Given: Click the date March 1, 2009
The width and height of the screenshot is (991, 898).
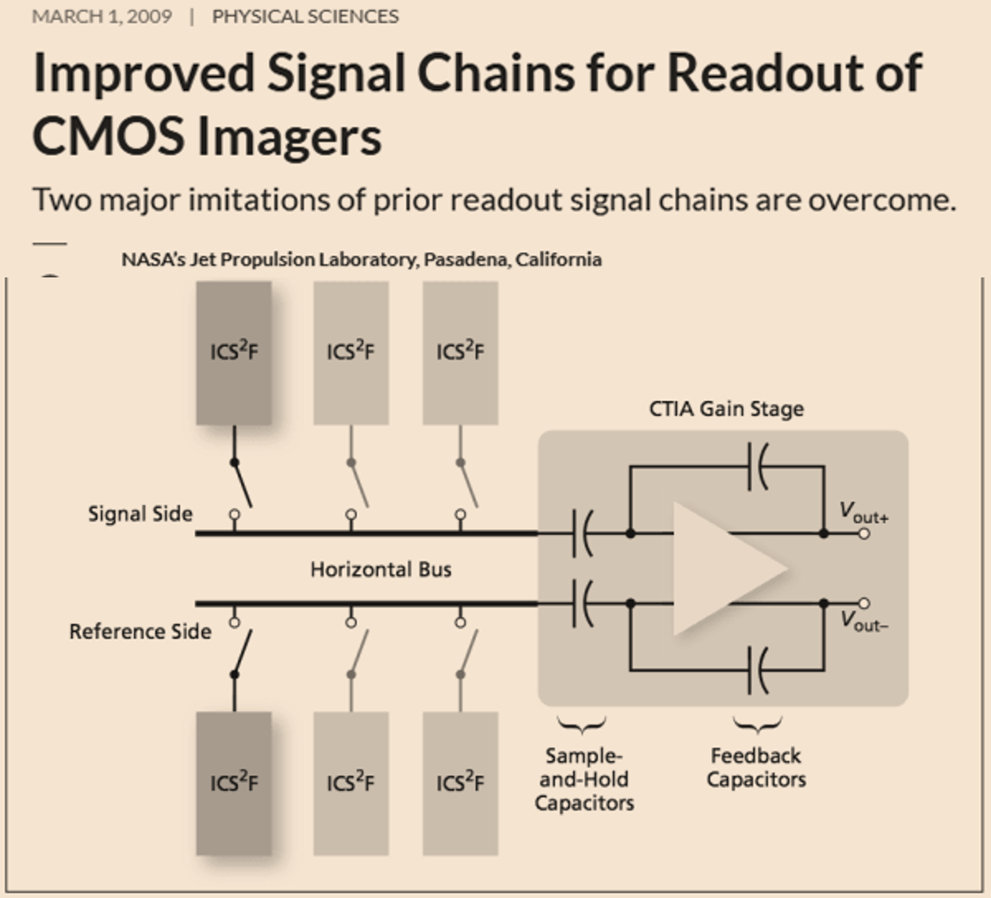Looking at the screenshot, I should [x=101, y=17].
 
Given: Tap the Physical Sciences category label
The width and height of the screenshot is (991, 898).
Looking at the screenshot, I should [x=305, y=17].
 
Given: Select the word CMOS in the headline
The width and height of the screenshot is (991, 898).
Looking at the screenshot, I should [x=108, y=136].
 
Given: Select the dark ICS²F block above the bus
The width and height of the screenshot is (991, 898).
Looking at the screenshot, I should [x=234, y=353].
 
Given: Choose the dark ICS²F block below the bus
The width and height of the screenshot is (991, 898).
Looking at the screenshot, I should [x=234, y=783].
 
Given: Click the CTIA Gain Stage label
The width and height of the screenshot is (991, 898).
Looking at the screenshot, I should [x=726, y=409].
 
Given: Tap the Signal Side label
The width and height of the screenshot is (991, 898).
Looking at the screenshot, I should [x=140, y=514].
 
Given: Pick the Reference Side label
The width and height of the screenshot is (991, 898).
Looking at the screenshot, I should [x=140, y=632].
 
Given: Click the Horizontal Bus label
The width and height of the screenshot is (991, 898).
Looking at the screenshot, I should [x=381, y=569].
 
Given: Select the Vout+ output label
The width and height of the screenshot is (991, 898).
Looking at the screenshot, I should [x=863, y=513].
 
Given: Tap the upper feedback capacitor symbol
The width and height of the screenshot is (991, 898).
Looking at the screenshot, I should [x=757, y=467].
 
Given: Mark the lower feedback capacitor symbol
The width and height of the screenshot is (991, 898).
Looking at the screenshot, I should [x=757, y=671].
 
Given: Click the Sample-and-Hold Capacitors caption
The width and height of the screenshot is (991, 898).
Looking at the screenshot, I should [x=584, y=780].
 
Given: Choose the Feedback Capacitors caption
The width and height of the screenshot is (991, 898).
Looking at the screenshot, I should [x=756, y=767].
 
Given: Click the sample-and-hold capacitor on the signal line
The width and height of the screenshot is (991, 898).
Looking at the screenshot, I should [x=581, y=533].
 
